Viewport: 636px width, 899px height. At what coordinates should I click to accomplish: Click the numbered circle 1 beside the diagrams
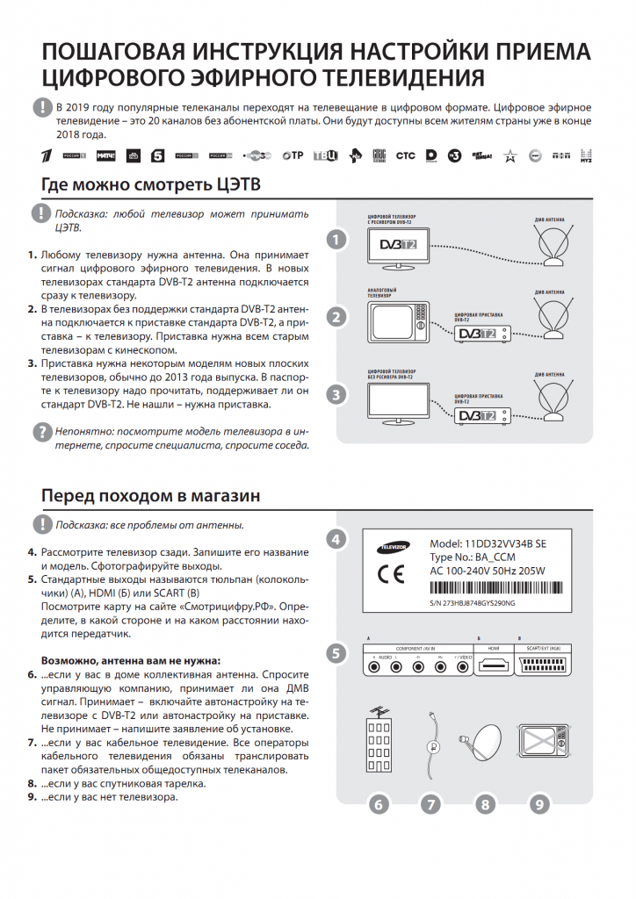click(335, 240)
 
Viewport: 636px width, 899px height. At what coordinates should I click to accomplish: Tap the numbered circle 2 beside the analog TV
click(335, 317)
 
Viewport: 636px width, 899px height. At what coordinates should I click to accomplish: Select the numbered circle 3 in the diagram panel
click(335, 395)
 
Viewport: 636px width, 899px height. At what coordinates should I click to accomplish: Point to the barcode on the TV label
click(488, 589)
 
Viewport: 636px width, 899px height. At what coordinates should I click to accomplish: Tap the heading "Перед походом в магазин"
click(150, 496)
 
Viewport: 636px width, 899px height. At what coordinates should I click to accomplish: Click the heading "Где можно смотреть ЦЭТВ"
click(150, 184)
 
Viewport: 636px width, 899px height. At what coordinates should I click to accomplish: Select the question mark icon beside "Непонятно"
click(41, 432)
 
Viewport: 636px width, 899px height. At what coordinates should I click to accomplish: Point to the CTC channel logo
click(405, 155)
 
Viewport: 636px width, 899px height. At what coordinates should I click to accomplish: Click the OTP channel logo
click(293, 155)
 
